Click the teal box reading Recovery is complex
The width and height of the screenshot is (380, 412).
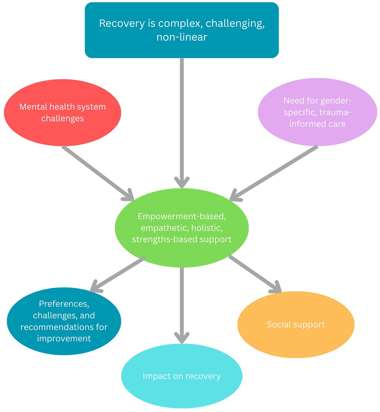tap(182, 30)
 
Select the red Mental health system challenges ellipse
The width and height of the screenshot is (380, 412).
tap(62, 113)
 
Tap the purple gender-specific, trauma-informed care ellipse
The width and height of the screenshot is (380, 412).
tap(317, 112)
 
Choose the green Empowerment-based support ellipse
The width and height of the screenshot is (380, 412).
tap(182, 228)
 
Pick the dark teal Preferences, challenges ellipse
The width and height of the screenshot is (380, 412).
tap(64, 321)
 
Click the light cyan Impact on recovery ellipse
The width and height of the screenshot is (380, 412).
tap(182, 376)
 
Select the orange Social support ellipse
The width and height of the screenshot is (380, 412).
tap(296, 325)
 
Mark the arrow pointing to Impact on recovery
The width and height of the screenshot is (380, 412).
tap(182, 304)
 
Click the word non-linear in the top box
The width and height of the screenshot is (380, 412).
tap(182, 37)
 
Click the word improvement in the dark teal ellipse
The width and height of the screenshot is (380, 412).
tap(64, 338)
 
